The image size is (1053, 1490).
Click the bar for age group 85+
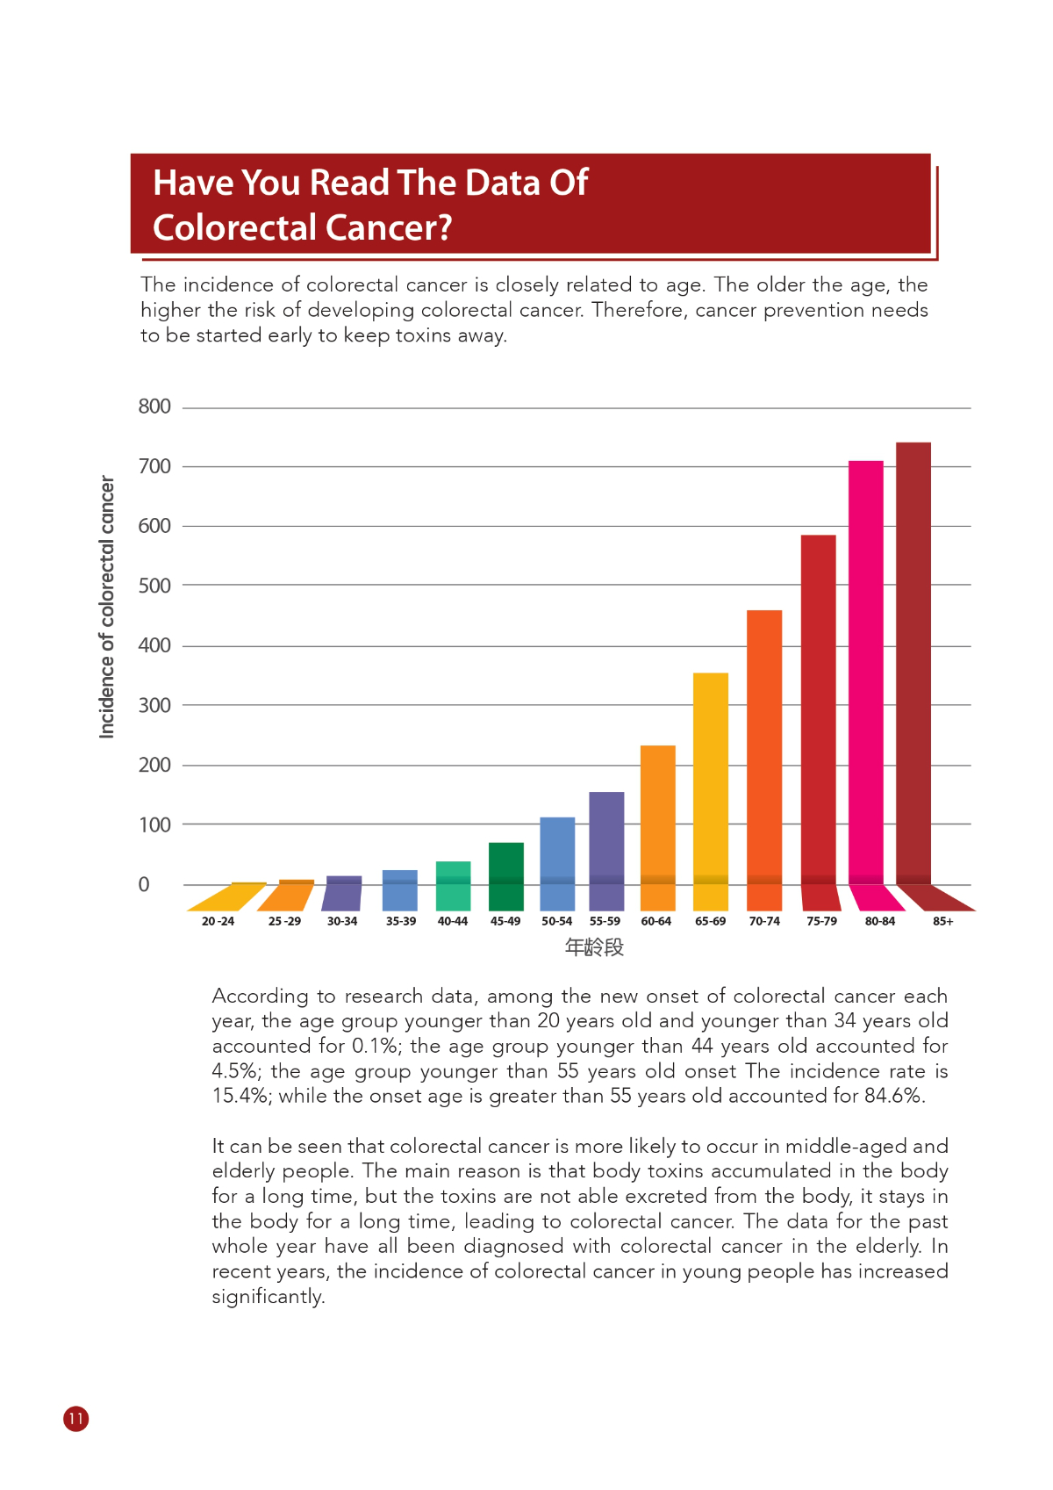point(913,666)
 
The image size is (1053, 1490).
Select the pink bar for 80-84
point(865,673)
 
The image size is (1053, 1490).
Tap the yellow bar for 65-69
point(711,780)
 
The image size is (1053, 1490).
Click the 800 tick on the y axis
point(154,407)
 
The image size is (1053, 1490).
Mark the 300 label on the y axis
point(154,705)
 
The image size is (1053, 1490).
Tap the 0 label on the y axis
point(144,884)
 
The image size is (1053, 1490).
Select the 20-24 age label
point(218,921)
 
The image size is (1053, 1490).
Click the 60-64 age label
point(656,921)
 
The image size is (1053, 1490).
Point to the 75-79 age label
point(821,921)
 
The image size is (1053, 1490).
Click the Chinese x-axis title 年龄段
point(594,947)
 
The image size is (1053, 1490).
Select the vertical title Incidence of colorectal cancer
point(106,607)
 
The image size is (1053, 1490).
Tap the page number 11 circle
point(75,1419)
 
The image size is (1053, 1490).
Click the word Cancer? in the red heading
point(389,227)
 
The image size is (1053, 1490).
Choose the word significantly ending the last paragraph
point(268,1297)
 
